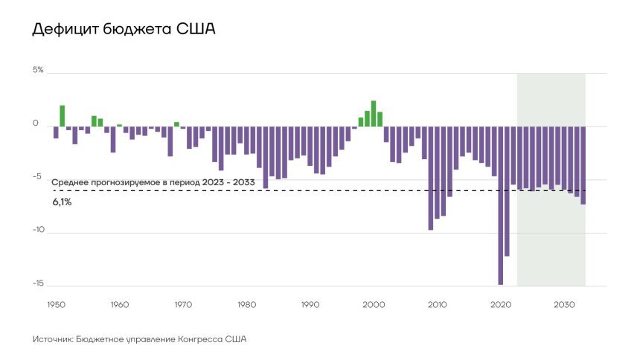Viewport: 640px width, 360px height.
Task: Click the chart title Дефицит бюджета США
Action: pyautogui.click(x=124, y=30)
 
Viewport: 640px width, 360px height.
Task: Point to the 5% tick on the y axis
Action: pyautogui.click(x=38, y=70)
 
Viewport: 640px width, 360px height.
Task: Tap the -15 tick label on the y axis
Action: pyautogui.click(x=38, y=284)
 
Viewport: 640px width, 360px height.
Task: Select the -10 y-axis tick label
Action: pyautogui.click(x=38, y=231)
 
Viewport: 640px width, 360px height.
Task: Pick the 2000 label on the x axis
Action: pyautogui.click(x=374, y=305)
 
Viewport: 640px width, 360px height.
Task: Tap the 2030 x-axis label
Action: pyautogui.click(x=564, y=305)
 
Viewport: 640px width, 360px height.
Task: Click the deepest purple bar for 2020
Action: pyautogui.click(x=500, y=205)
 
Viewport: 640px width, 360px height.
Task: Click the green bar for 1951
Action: pyautogui.click(x=63, y=115)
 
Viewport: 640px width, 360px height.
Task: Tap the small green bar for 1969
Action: pyautogui.click(x=176, y=123)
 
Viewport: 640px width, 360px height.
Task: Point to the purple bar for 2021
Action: pyautogui.click(x=507, y=190)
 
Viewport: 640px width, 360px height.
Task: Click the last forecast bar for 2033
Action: pyautogui.click(x=583, y=164)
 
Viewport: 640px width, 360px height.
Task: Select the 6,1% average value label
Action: pyautogui.click(x=62, y=202)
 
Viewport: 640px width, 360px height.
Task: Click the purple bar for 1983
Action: pyautogui.click(x=260, y=146)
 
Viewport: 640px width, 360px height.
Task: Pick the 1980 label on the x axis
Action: pyautogui.click(x=246, y=305)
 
